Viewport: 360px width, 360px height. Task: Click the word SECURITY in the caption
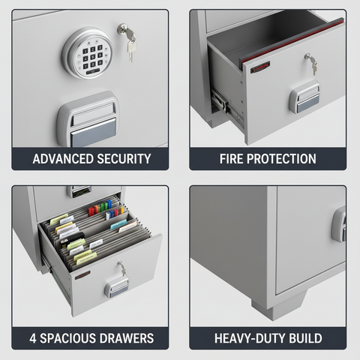(124, 159)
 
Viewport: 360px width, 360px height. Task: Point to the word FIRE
(234, 159)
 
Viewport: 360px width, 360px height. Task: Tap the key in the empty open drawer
(310, 62)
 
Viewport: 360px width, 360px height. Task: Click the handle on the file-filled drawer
(117, 286)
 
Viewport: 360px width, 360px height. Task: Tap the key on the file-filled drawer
(120, 268)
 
